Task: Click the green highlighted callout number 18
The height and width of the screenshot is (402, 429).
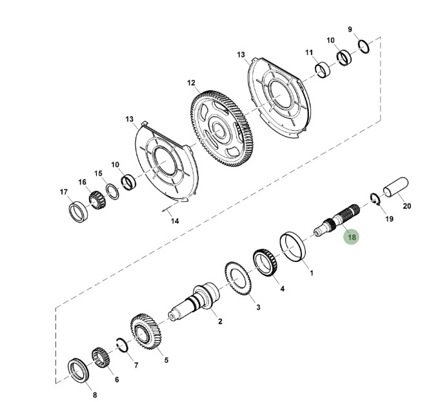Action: pos(352,237)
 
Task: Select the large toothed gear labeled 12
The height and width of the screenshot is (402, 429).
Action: pos(222,128)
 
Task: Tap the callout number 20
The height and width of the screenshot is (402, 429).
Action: pos(407,205)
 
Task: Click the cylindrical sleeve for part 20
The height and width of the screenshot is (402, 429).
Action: pos(395,188)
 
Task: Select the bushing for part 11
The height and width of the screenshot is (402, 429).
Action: pos(323,70)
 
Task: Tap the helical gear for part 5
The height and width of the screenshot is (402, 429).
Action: pos(146,332)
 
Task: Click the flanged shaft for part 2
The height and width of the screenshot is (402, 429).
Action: pos(195,301)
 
